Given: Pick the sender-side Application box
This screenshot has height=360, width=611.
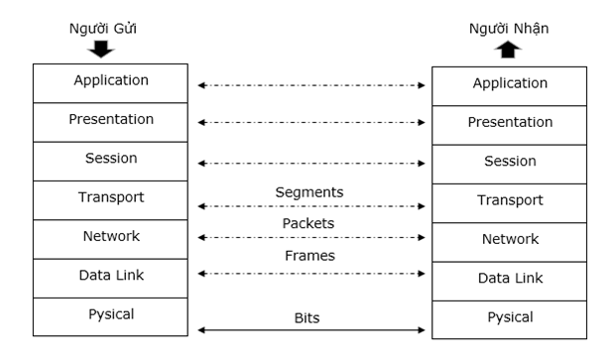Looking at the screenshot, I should click(110, 82).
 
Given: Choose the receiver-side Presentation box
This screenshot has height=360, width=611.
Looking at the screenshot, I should click(511, 123).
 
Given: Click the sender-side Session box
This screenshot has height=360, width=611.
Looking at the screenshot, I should click(110, 160).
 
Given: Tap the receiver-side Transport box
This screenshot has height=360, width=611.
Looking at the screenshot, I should click(511, 200).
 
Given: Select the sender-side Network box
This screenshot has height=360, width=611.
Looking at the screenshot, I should click(110, 238).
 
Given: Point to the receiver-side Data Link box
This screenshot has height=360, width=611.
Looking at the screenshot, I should click(511, 279).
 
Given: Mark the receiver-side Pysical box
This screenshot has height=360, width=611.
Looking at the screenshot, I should click(511, 318).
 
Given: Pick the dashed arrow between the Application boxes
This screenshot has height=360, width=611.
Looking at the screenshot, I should click(311, 86).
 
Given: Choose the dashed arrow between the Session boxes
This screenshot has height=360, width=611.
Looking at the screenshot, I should click(311, 163).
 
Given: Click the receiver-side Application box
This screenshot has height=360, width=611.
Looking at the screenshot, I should click(511, 85).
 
